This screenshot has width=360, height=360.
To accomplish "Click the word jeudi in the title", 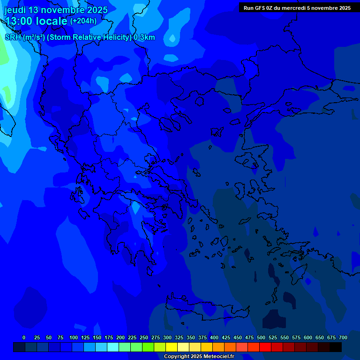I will [15, 10].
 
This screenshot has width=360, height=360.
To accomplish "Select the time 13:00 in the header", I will [19, 21].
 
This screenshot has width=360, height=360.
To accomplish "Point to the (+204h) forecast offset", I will [83, 21].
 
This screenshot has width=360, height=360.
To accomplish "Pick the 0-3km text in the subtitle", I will [144, 37].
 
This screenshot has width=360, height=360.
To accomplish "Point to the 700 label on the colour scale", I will [343, 337].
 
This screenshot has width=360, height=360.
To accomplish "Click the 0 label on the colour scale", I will [24, 337].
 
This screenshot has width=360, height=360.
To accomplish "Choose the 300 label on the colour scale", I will [167, 337].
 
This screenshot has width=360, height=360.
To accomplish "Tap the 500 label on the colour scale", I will [261, 337].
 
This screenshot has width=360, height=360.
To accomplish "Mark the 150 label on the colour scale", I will [97, 337].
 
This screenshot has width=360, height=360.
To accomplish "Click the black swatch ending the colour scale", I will [336, 347].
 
